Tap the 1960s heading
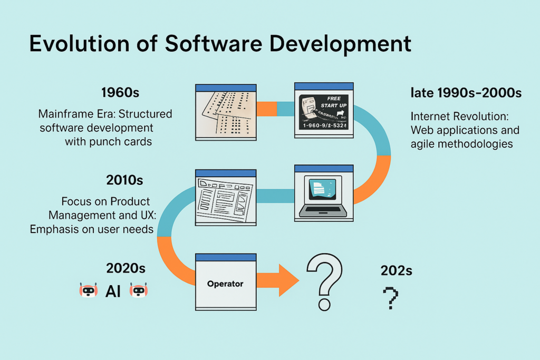(x=120, y=93)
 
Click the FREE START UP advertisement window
(x=323, y=111)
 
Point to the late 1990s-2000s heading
(x=466, y=93)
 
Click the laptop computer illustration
(x=323, y=196)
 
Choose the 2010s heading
(x=125, y=180)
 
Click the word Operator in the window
(x=225, y=284)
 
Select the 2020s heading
(x=126, y=268)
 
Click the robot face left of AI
(x=89, y=290)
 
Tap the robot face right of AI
(x=138, y=290)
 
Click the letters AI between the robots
(x=113, y=291)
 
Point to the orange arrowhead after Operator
(x=287, y=280)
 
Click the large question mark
(x=324, y=282)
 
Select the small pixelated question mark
(x=390, y=298)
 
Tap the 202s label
(x=396, y=271)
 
